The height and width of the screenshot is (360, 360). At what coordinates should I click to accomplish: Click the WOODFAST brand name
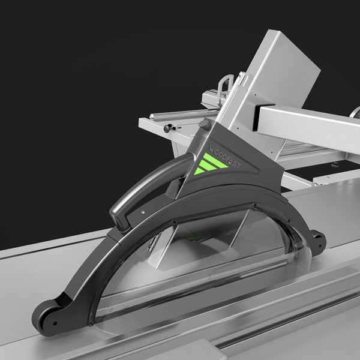point(225,156)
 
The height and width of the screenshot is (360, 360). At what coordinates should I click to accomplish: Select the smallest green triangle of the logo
point(199,171)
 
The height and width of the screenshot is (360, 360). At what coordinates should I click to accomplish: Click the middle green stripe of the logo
point(208,166)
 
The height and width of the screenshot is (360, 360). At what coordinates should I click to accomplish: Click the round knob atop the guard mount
point(205,125)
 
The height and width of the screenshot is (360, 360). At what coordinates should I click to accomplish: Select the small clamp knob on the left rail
point(169,128)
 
